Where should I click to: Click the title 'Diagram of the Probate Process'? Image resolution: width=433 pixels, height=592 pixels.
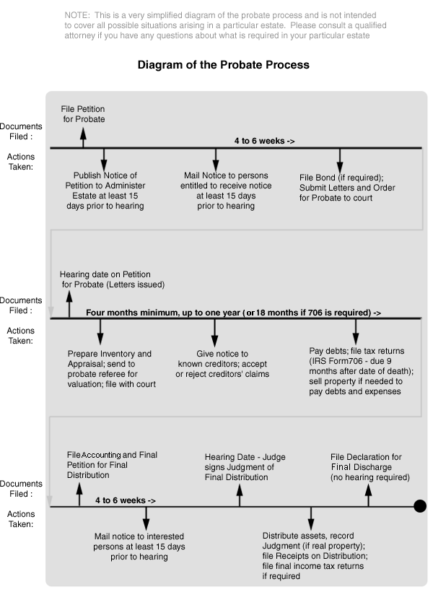(x=223, y=65)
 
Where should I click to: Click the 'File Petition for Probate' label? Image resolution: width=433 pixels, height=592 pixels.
(x=83, y=113)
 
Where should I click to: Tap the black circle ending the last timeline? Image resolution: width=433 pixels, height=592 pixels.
(x=420, y=506)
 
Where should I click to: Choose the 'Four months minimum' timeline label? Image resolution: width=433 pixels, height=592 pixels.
(x=232, y=313)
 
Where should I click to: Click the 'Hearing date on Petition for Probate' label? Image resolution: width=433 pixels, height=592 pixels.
(x=112, y=279)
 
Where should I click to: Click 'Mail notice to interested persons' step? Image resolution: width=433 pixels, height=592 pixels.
(x=140, y=547)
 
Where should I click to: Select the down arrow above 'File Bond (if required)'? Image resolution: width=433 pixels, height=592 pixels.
(x=340, y=159)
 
